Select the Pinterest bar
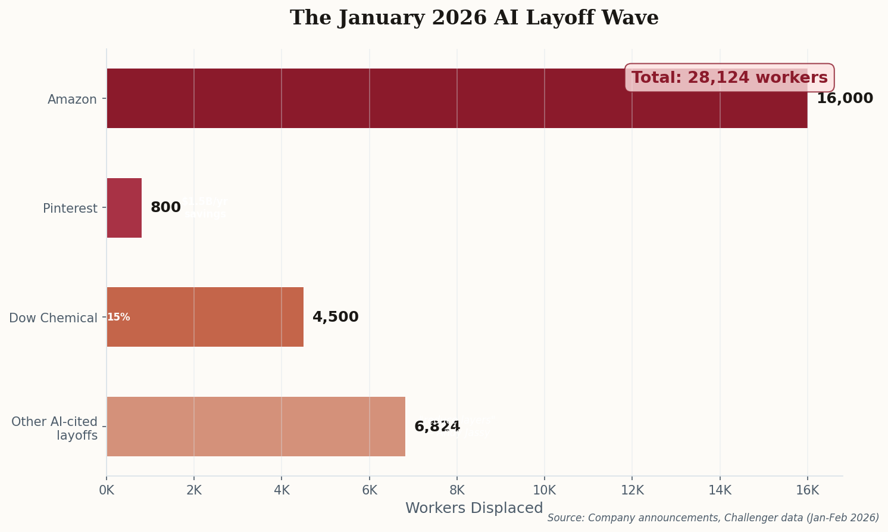(x=124, y=208)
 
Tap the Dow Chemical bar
(x=205, y=317)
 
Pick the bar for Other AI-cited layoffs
(x=256, y=427)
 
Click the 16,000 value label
(x=845, y=99)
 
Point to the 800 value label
(x=165, y=208)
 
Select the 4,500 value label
(x=335, y=318)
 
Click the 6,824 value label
(x=437, y=427)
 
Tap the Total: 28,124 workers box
(x=729, y=78)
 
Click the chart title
(x=474, y=18)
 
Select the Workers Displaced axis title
(x=474, y=508)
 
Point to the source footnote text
(x=713, y=518)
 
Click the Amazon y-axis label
(x=72, y=99)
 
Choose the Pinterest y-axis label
(x=70, y=209)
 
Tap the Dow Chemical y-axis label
(x=53, y=318)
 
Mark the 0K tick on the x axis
(x=107, y=490)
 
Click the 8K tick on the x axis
(x=457, y=490)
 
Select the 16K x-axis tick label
(x=807, y=490)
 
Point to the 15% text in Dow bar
(x=118, y=318)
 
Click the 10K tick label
(x=544, y=490)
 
